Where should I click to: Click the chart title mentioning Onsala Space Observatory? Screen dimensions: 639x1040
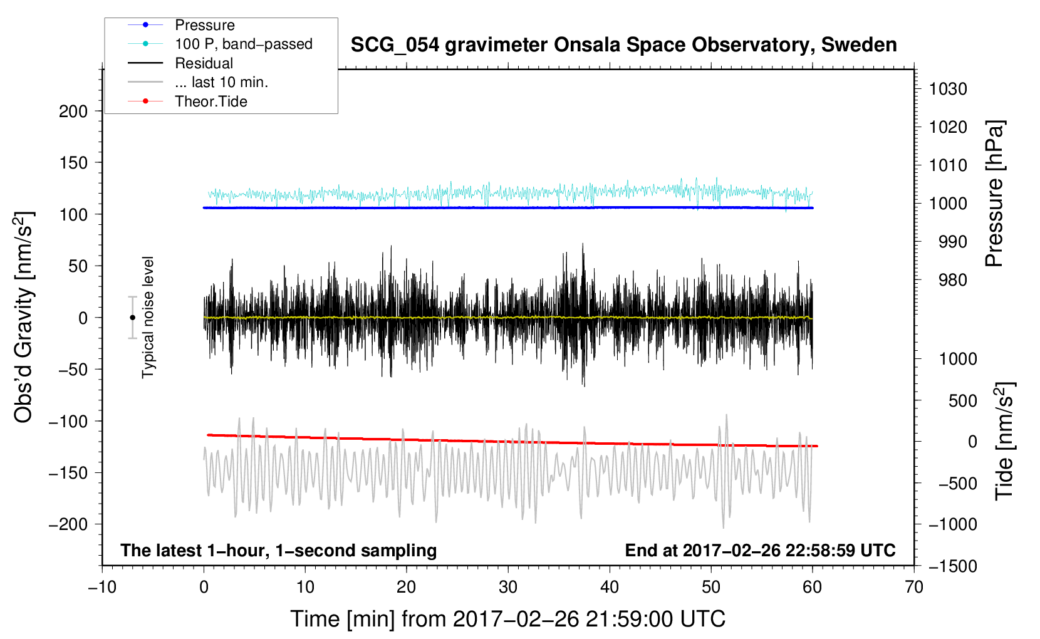click(623, 45)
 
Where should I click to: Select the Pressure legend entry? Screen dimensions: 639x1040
click(204, 25)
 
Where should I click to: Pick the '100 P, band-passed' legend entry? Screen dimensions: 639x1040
click(243, 44)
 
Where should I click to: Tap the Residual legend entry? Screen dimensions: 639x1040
click(204, 63)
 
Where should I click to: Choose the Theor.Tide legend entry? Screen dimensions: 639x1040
click(211, 101)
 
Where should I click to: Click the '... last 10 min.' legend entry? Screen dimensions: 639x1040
click(221, 82)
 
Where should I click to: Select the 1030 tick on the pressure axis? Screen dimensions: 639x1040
click(947, 89)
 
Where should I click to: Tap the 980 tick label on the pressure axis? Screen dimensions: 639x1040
click(952, 280)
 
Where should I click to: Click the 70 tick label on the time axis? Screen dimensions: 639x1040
click(914, 587)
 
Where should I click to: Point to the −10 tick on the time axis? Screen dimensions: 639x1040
click(102, 587)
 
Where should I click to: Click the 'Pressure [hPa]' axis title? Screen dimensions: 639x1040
click(994, 194)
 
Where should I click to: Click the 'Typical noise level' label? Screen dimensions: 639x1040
click(148, 317)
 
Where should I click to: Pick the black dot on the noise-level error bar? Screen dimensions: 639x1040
click(132, 318)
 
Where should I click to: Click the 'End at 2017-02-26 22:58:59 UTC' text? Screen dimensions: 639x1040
click(760, 551)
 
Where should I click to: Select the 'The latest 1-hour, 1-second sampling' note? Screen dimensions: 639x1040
click(278, 551)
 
